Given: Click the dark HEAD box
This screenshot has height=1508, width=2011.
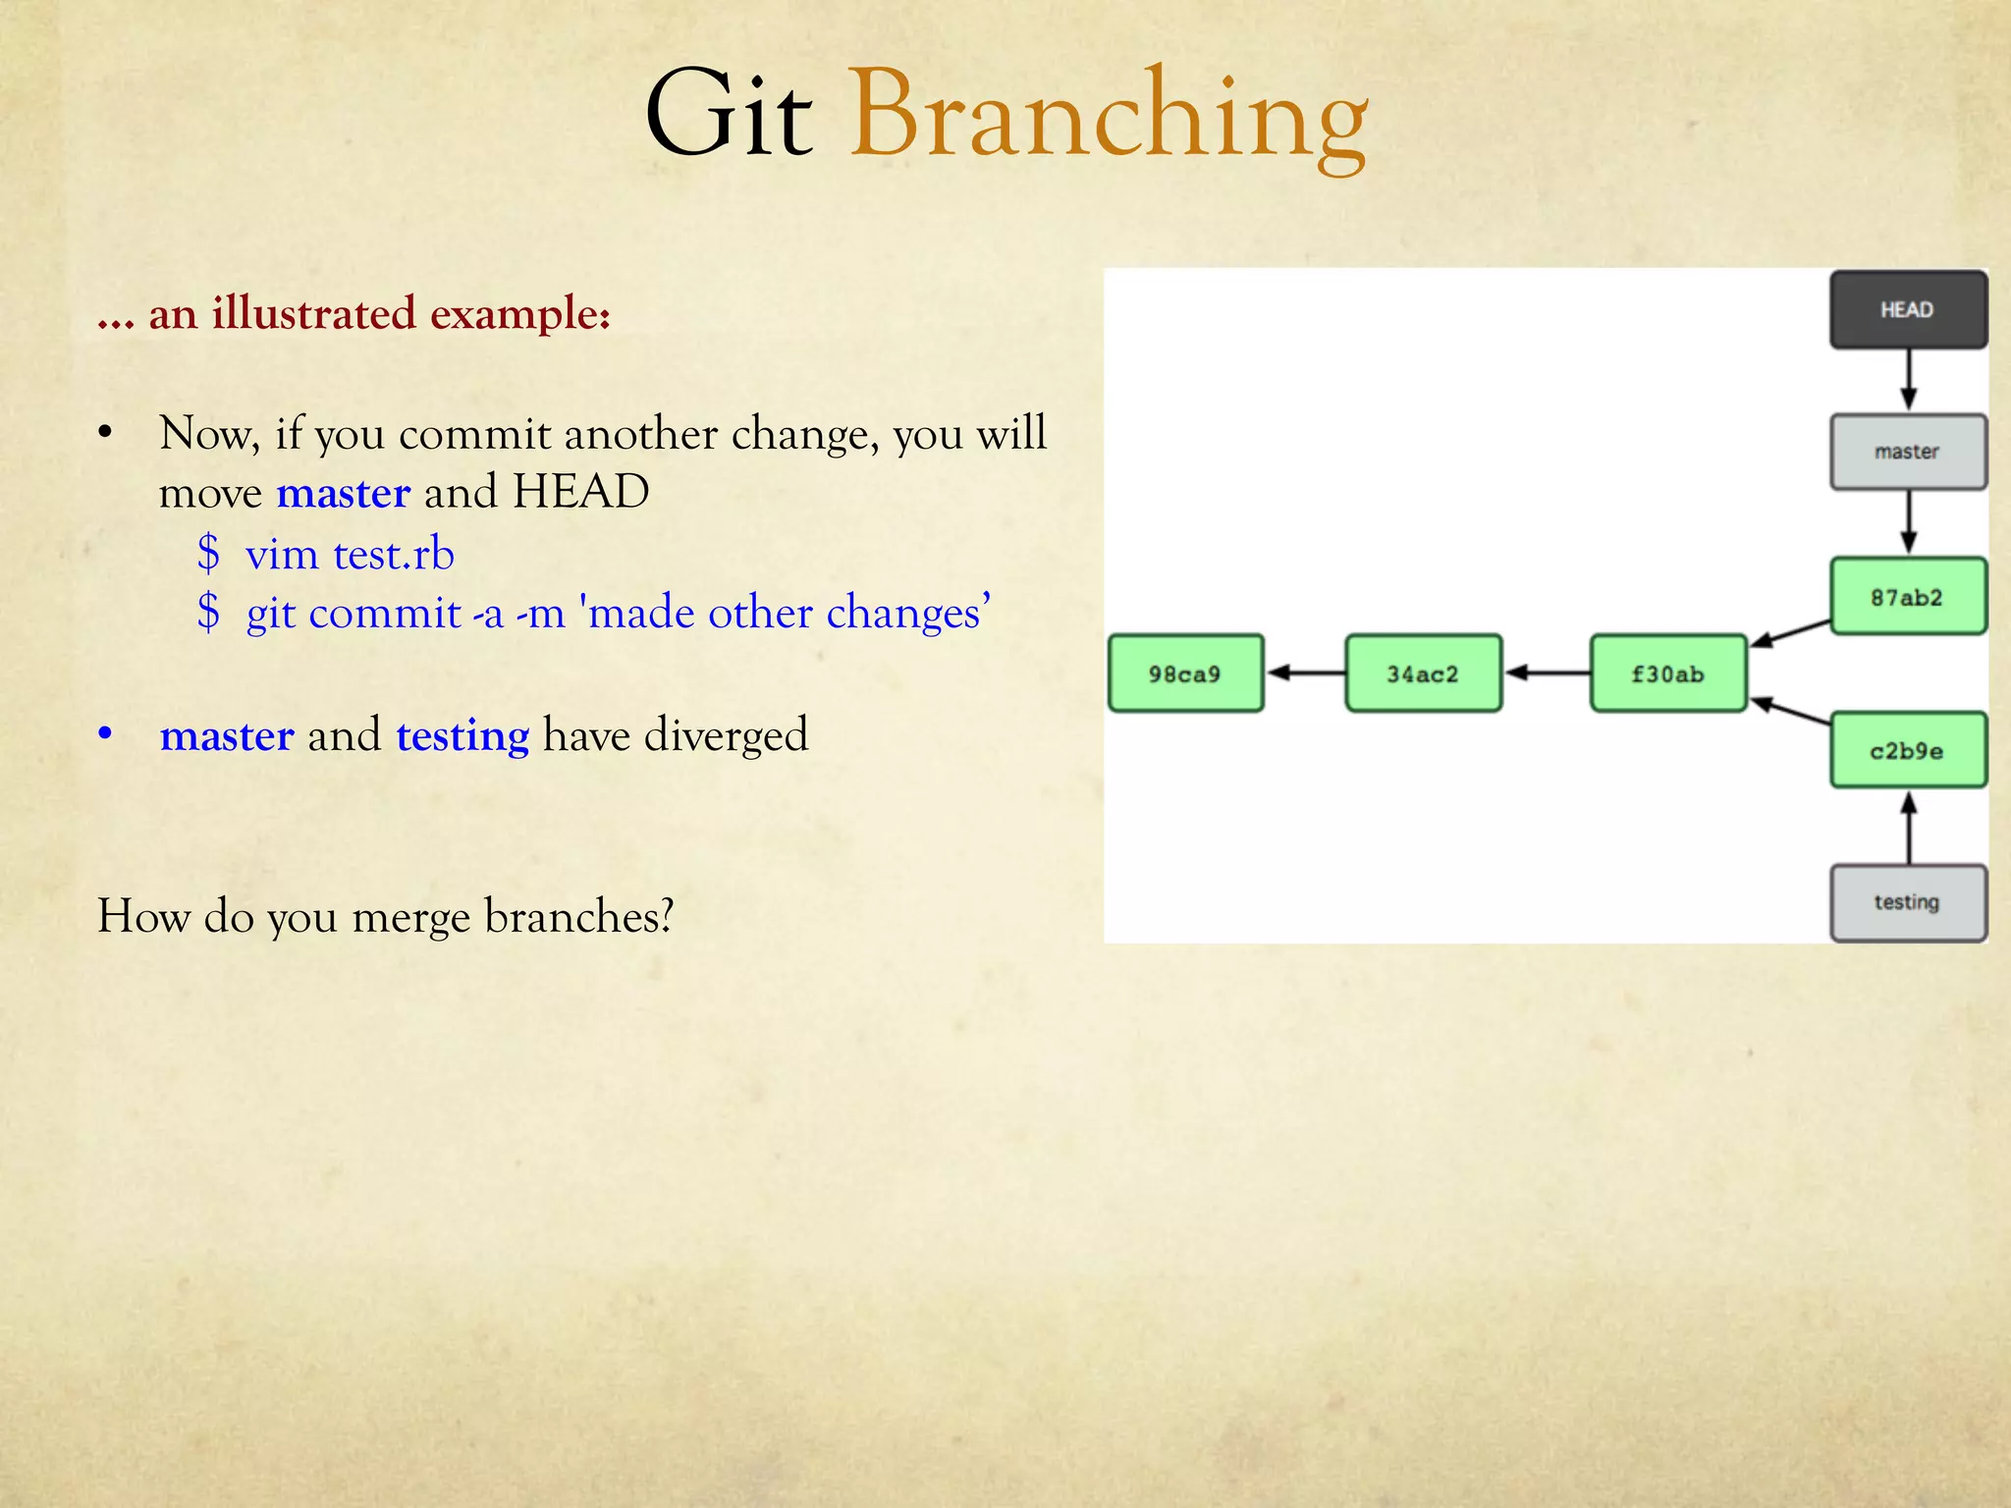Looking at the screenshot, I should pyautogui.click(x=1908, y=310).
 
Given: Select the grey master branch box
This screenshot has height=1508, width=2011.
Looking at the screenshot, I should pyautogui.click(x=1908, y=452).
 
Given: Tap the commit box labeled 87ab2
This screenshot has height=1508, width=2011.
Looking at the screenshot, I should pyautogui.click(x=1908, y=597).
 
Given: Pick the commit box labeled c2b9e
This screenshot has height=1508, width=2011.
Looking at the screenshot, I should pyautogui.click(x=1908, y=751).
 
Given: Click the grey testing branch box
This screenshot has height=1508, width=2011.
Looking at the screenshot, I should pyautogui.click(x=1908, y=902).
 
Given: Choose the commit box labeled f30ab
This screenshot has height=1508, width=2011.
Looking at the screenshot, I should pyautogui.click(x=1667, y=673).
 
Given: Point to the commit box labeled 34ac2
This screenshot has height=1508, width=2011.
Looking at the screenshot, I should pyautogui.click(x=1423, y=673).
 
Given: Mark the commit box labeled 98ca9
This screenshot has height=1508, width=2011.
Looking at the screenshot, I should pyautogui.click(x=1185, y=673).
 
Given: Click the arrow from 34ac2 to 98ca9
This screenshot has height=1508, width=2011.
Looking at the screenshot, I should pyautogui.click(x=1305, y=673).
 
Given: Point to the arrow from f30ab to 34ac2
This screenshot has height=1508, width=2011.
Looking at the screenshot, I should pyautogui.click(x=1547, y=673).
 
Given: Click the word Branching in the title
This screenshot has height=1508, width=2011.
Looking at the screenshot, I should pyautogui.click(x=1109, y=116).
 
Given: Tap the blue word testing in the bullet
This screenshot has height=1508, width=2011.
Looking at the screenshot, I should pyautogui.click(x=462, y=735).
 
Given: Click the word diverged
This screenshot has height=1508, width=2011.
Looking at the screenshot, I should pyautogui.click(x=726, y=735).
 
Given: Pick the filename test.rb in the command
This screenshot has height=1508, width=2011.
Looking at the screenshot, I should pyautogui.click(x=394, y=555).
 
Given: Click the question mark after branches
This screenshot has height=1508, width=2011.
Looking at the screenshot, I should pyautogui.click(x=666, y=916).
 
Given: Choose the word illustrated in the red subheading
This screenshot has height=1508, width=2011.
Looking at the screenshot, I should pyautogui.click(x=314, y=314).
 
